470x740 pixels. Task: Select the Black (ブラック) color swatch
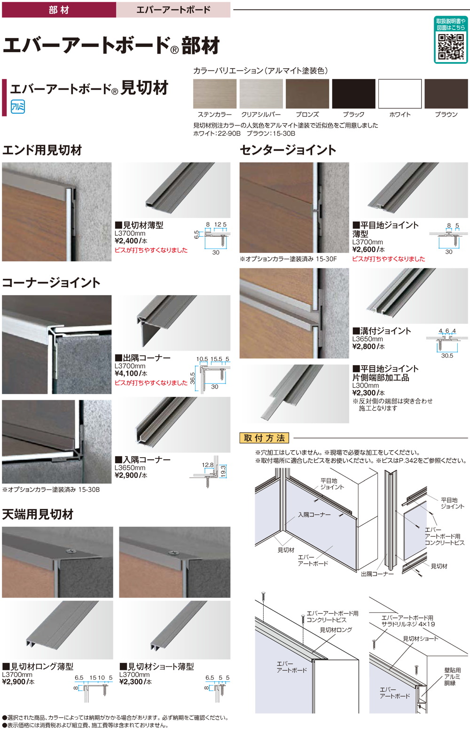tap(353, 94)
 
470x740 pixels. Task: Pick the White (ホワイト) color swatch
tap(400, 94)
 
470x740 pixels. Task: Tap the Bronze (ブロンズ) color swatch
tap(307, 94)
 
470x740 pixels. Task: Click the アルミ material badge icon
tap(17, 107)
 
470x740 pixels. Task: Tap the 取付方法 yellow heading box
tap(265, 438)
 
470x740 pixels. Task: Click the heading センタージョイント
tap(288, 150)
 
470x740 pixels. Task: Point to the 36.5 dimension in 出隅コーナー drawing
tap(193, 379)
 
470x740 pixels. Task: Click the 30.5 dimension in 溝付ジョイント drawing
tap(447, 356)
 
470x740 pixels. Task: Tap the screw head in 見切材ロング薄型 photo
tap(70, 551)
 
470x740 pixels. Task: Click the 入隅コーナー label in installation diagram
tap(314, 514)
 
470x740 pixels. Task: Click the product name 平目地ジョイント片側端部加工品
tap(385, 373)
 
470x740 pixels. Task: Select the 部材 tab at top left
tap(59, 9)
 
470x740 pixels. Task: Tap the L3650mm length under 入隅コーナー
tap(130, 468)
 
